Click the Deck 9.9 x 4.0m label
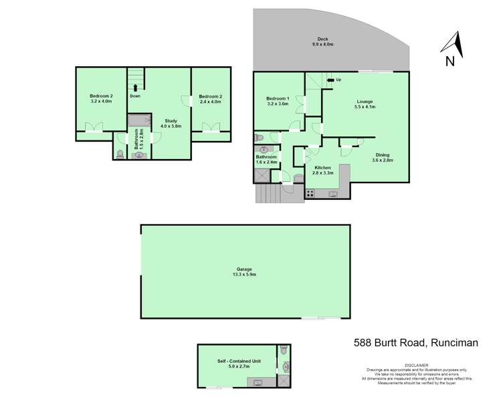pos(322,41)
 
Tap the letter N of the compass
pos(450,61)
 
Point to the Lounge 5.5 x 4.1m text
pos(364,104)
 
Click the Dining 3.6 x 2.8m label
pos(383,158)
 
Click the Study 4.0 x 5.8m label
pos(171,124)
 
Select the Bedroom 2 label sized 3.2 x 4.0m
pos(101,99)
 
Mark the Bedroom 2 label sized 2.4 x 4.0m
pos(210,99)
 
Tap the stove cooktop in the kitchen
pos(310,194)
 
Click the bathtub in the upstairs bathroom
pos(139,120)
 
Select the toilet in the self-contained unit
pos(284,350)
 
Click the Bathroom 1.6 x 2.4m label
pos(266,160)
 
